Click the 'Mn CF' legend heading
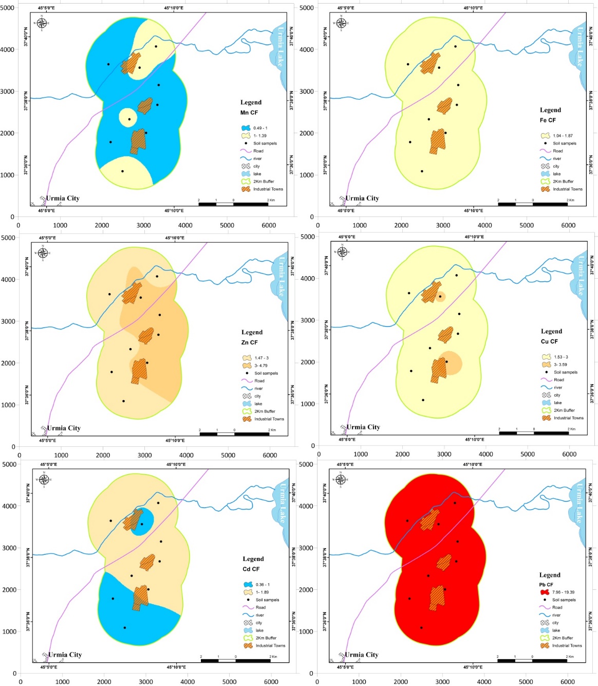tap(249, 113)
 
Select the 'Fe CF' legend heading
tap(548, 120)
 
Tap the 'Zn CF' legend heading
tap(250, 342)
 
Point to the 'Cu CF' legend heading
tap(549, 341)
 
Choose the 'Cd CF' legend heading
tap(251, 569)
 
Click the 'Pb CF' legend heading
tap(546, 585)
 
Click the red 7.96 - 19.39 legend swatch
tap(545, 592)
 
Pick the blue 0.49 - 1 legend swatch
tap(246, 128)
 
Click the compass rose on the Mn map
tap(42, 23)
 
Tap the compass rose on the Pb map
tap(340, 480)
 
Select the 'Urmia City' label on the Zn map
tap(64, 428)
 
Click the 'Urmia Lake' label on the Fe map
tap(580, 47)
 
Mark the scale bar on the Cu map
tap(534, 433)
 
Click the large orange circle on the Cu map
tap(450, 363)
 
